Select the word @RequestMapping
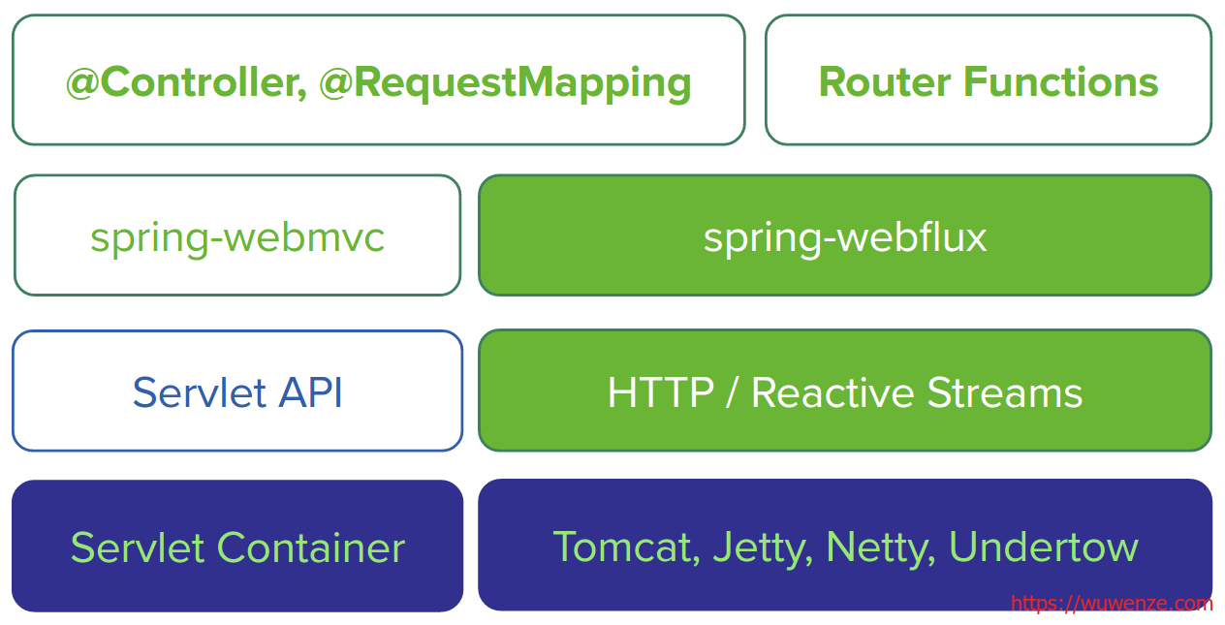505,83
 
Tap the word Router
885,82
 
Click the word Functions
1061,82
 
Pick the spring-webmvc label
237,238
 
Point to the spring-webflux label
845,238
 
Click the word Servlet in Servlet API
199,392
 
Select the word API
310,392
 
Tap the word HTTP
661,392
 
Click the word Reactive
832,392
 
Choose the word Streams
1005,392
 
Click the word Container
311,547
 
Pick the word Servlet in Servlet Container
138,547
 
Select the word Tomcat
627,547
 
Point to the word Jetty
763,548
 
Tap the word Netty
880,548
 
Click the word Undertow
1044,547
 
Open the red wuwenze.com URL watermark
1112,603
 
